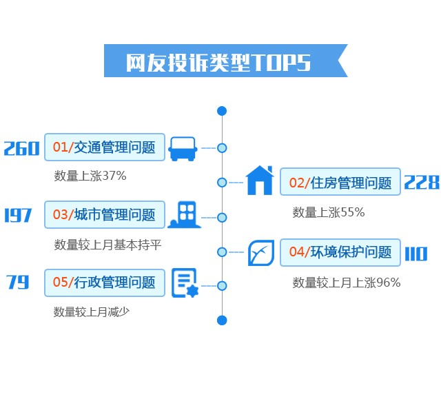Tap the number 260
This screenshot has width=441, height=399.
pyautogui.click(x=21, y=147)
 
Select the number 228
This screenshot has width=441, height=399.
pyautogui.click(x=421, y=182)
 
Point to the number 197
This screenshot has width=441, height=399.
pyautogui.click(x=18, y=215)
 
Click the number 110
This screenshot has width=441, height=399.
pyautogui.click(x=416, y=253)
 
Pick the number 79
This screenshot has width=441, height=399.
pyautogui.click(x=18, y=283)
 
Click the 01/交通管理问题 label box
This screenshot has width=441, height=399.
pyautogui.click(x=105, y=147)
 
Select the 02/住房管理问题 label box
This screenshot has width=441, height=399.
pyautogui.click(x=340, y=183)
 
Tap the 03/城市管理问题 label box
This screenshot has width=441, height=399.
pyautogui.click(x=105, y=215)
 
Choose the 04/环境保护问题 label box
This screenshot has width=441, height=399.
pyautogui.click(x=340, y=252)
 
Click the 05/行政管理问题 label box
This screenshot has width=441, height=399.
pyautogui.click(x=105, y=283)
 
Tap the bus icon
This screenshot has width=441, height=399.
pyautogui.click(x=183, y=147)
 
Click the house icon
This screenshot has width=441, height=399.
pyautogui.click(x=260, y=181)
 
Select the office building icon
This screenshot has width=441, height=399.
pyautogui.click(x=185, y=215)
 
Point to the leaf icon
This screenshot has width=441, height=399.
pyautogui.click(x=261, y=253)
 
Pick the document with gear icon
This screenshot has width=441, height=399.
pyautogui.click(x=184, y=283)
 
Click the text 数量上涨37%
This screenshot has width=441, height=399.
pyautogui.click(x=90, y=176)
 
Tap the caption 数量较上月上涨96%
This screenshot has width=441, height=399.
pyautogui.click(x=346, y=282)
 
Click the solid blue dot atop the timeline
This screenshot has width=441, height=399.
pyautogui.click(x=221, y=111)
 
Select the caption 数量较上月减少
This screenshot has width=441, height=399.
pyautogui.click(x=92, y=311)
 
